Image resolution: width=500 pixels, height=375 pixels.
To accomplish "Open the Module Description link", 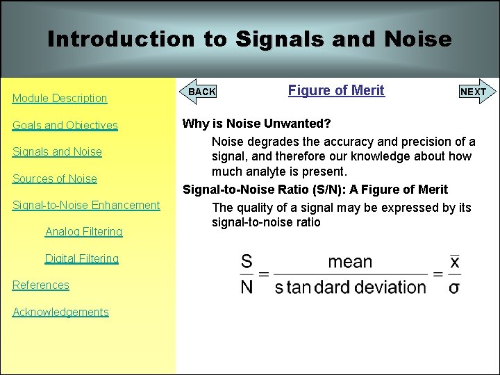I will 60,99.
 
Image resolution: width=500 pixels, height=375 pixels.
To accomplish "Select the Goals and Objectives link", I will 65,126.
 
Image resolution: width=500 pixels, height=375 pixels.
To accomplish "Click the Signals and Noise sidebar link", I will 57,152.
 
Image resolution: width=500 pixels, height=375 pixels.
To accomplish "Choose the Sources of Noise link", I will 55,178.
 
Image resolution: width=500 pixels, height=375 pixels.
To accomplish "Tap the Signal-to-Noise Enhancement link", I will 86,205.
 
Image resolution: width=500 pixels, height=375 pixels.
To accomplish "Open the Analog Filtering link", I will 83,232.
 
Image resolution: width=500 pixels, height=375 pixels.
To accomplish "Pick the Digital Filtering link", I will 82,258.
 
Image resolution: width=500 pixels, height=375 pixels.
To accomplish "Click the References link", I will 41,285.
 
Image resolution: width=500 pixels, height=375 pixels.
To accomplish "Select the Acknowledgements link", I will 61,312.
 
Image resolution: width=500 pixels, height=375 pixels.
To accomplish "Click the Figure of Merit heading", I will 336,90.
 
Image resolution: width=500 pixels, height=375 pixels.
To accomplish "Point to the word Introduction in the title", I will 121,39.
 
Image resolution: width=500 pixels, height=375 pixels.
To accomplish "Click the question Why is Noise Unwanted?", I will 256,124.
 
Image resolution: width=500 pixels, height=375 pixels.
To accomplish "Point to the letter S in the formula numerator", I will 247,262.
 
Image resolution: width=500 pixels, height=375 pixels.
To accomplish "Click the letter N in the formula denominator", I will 247,286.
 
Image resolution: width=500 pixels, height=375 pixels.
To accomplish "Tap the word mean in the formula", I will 350,262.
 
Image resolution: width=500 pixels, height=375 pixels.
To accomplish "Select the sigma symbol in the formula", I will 454,287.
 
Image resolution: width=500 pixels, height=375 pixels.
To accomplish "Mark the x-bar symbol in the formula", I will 455,262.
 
